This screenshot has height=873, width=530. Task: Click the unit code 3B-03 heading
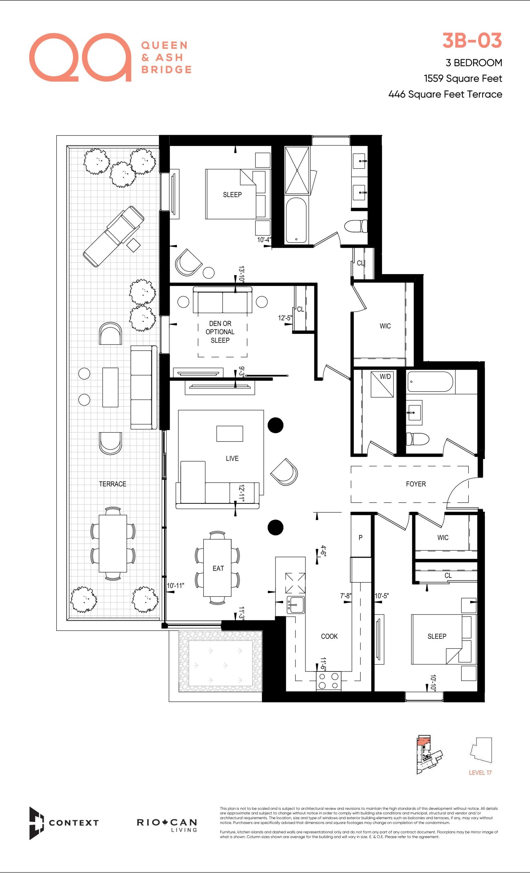click(472, 40)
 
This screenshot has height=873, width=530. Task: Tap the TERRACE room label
click(112, 484)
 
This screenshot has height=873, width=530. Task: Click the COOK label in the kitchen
click(329, 636)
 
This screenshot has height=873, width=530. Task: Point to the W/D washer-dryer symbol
click(382, 384)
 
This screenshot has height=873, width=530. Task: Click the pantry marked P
click(360, 537)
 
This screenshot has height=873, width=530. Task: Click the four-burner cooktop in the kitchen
click(328, 681)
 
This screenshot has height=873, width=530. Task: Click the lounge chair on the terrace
click(113, 236)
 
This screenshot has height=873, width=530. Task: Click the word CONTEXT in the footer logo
click(74, 823)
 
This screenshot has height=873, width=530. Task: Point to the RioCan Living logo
click(167, 825)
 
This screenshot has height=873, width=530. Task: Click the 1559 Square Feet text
click(463, 79)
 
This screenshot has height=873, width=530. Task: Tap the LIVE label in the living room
click(232, 458)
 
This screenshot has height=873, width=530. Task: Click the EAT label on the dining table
click(218, 568)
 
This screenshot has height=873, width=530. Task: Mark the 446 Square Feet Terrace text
click(445, 94)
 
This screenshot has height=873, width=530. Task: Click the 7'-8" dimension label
click(346, 596)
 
